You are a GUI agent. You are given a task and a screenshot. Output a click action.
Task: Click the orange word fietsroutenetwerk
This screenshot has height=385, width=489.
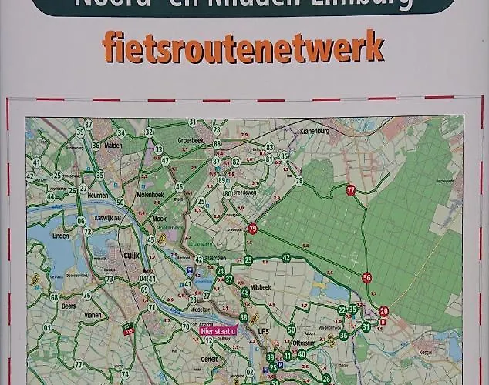pyautogui.click(x=243, y=48)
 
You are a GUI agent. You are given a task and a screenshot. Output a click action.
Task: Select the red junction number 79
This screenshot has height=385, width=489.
pyautogui.click(x=252, y=229)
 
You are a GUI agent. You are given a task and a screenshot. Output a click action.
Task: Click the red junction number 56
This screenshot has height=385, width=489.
pyautogui.click(x=366, y=278)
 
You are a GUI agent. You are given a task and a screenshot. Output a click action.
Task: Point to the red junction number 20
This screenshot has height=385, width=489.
pyautogui.click(x=383, y=311)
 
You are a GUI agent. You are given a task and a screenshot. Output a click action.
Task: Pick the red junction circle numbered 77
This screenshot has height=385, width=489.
pyautogui.click(x=351, y=190)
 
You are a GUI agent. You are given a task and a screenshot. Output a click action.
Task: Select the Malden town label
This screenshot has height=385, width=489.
pyautogui.click(x=114, y=144)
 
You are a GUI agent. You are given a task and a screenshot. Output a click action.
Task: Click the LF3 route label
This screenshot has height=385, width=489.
pyautogui.click(x=264, y=332)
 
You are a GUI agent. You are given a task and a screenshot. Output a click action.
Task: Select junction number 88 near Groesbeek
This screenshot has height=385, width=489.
pyautogui.click(x=217, y=143)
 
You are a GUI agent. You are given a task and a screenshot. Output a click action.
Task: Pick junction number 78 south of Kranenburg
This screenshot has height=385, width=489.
pyautogui.click(x=299, y=182)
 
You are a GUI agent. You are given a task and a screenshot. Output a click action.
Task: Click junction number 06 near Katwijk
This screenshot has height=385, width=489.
pyautogui.click(x=80, y=221)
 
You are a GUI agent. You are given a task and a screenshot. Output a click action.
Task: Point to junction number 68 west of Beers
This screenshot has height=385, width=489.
pyautogui.click(x=54, y=297)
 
